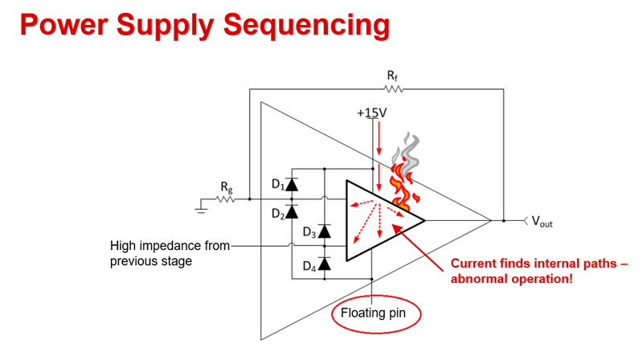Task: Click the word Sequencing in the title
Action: [306, 26]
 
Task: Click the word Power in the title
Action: [63, 24]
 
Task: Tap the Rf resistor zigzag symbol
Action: [393, 89]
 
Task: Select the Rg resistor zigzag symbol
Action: [226, 199]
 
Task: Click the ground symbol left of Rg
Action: [201, 207]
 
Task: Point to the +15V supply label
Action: [372, 112]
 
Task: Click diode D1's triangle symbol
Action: [292, 185]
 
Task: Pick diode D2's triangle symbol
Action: [292, 212]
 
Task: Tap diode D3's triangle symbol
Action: [325, 231]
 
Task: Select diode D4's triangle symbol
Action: [325, 264]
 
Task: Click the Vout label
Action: [542, 222]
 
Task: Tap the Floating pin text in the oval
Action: [373, 313]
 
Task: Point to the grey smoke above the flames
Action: [407, 153]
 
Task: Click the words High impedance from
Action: [170, 246]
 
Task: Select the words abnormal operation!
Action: [511, 279]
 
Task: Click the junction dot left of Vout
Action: [504, 221]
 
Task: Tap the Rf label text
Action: [392, 76]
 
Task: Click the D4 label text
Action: [309, 267]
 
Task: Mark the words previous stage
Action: [151, 262]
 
